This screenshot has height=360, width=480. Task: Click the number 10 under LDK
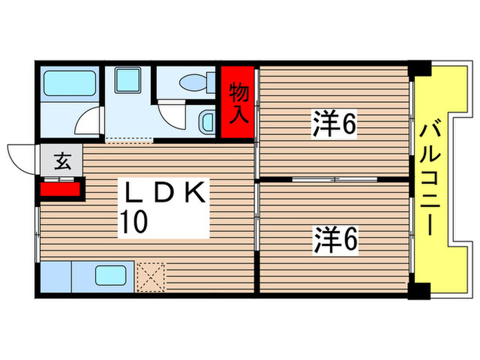coord(134,223)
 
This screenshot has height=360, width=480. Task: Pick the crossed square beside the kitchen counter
coord(151,276)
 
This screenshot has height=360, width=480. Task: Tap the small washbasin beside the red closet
coord(208,123)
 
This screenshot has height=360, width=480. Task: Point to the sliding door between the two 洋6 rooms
coord(334,179)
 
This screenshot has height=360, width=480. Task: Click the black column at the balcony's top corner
coord(419,69)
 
